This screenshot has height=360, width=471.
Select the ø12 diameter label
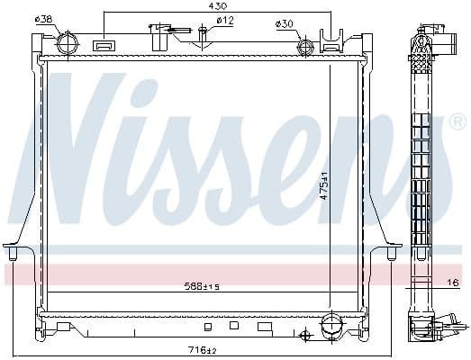(x=225, y=20)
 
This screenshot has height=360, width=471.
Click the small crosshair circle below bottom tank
(x=304, y=337)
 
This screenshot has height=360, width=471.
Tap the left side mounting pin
(x=13, y=256)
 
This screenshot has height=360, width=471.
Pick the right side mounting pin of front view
(x=392, y=256)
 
